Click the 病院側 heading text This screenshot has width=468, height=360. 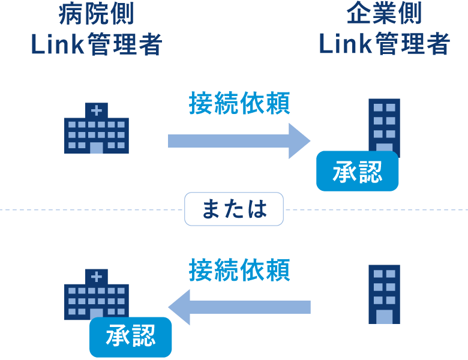(96, 15)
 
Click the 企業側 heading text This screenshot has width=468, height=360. (384, 15)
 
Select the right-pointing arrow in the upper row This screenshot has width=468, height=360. (239, 141)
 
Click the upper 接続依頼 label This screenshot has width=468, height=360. (239, 104)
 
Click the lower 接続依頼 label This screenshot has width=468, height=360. (239, 270)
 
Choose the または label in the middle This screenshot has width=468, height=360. (233, 209)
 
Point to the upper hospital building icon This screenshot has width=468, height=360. (96, 129)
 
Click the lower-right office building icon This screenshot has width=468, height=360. (384, 294)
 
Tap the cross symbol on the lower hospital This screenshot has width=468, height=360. (96, 277)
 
